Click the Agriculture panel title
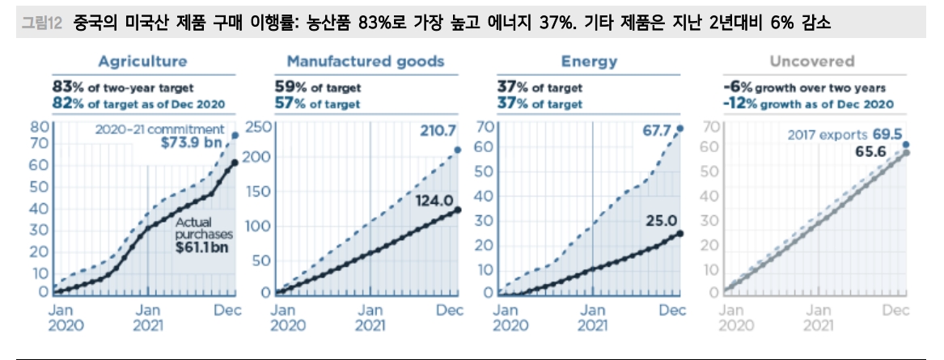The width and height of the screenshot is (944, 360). (x=142, y=61)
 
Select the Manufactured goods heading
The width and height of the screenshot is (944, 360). (x=365, y=61)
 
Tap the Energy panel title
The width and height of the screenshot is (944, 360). (x=589, y=61)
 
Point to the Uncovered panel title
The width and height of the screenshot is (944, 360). (x=811, y=61)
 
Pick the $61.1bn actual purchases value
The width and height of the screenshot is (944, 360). (x=201, y=248)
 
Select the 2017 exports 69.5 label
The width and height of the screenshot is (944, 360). (x=845, y=135)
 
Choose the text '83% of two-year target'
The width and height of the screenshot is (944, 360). (x=123, y=87)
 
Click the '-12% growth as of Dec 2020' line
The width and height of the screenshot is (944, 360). (x=807, y=104)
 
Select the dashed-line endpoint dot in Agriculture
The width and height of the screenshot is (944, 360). (x=235, y=135)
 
